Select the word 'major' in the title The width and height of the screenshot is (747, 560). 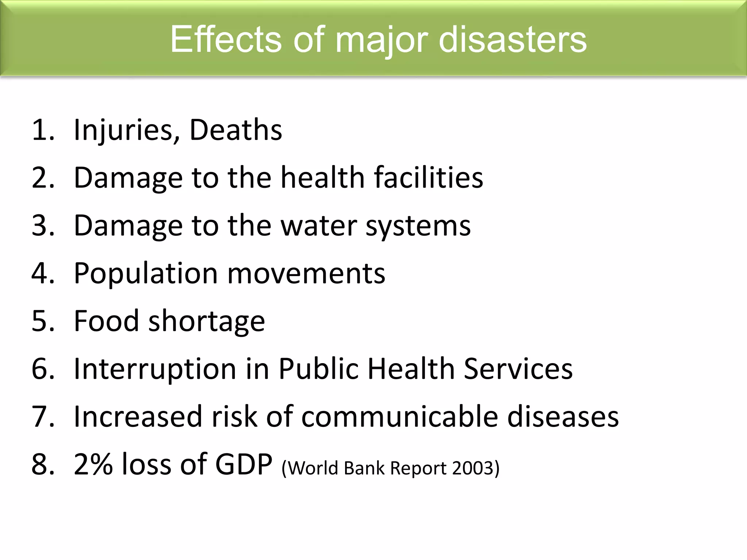tap(381, 41)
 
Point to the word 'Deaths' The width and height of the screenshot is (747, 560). tap(236, 130)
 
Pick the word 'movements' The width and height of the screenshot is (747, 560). tap(306, 273)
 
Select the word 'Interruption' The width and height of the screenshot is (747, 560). tap(155, 369)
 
